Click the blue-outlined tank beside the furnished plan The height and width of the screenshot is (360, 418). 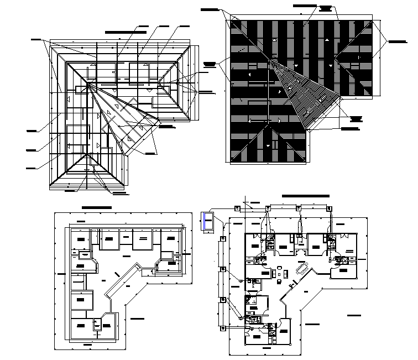point(208,221)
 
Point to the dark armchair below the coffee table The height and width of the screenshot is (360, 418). point(280,281)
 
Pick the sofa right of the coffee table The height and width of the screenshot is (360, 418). point(288,273)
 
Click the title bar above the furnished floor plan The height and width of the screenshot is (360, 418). point(306,196)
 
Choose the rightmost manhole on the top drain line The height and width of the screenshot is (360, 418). point(331,208)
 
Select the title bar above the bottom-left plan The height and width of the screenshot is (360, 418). point(96,207)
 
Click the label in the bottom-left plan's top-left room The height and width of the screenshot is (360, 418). point(82,239)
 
